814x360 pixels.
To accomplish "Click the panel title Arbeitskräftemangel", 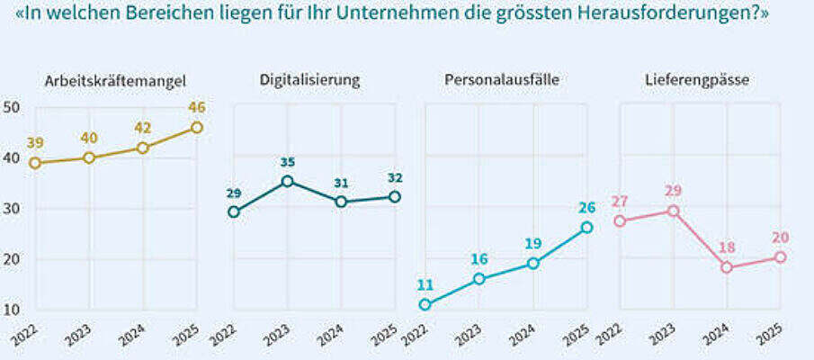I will pyautogui.click(x=114, y=80).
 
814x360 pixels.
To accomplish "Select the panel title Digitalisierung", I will pyautogui.click(x=309, y=80).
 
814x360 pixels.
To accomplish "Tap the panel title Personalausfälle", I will pyautogui.click(x=502, y=80).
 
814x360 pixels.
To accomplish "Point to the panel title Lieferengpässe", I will pyautogui.click(x=697, y=80).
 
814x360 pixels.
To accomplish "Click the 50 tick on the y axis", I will pyautogui.click(x=12, y=107).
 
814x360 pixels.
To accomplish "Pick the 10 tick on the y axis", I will pyautogui.click(x=12, y=310).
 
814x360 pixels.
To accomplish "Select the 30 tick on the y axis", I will pyautogui.click(x=12, y=209).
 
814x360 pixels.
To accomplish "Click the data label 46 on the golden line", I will pyautogui.click(x=197, y=108).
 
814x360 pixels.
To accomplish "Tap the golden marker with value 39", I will pyautogui.click(x=35, y=163).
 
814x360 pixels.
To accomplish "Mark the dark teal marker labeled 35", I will pyautogui.click(x=287, y=181).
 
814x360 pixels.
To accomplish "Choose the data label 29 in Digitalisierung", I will pyautogui.click(x=234, y=193).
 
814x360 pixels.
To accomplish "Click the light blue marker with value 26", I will pyautogui.click(x=586, y=228).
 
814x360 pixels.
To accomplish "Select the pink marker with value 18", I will pyautogui.click(x=727, y=267).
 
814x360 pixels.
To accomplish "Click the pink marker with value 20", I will pyautogui.click(x=780, y=257).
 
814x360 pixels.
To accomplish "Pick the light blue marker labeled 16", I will pyautogui.click(x=479, y=279).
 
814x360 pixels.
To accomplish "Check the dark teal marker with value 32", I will pyautogui.click(x=394, y=196).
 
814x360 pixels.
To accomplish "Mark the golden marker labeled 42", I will pyautogui.click(x=143, y=148).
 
